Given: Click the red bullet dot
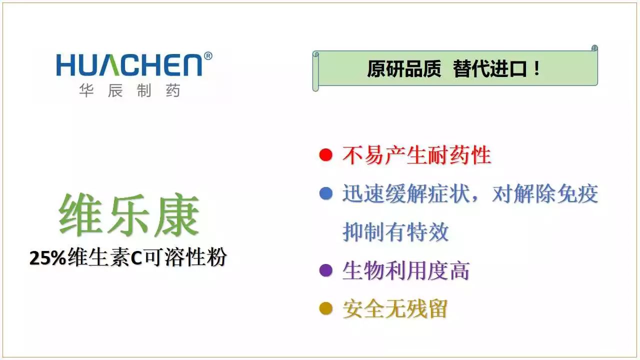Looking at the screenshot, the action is (325, 155).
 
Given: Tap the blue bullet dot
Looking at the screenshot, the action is (325, 193).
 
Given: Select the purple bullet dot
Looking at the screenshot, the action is (325, 270).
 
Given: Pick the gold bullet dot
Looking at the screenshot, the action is (325, 308).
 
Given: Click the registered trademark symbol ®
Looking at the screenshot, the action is (208, 56).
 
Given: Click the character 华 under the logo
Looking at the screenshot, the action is (86, 90).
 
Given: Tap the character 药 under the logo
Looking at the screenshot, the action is (173, 90).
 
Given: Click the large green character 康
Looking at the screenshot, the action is (177, 215).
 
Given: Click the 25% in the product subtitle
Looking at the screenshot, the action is (48, 258).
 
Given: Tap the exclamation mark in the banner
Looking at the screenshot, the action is (537, 68).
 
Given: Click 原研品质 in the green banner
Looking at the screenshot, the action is (404, 69).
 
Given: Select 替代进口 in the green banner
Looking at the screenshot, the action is (490, 69).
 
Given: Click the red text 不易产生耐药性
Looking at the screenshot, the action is (417, 155).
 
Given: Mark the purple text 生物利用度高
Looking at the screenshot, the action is (406, 270).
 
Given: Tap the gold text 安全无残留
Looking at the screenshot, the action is (395, 309).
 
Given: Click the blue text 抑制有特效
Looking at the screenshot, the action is (395, 232).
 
